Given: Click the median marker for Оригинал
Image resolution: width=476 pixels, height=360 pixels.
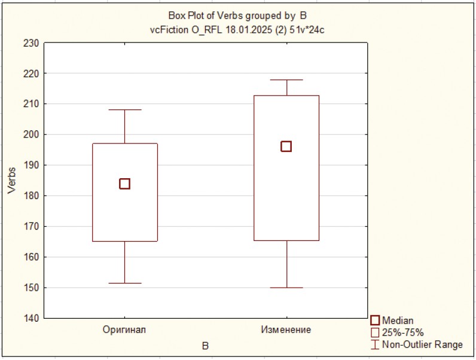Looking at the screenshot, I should [x=124, y=184].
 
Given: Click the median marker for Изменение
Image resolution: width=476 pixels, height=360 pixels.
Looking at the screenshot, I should [x=286, y=147].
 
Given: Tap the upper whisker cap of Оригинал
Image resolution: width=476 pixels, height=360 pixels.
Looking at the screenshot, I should [x=124, y=110].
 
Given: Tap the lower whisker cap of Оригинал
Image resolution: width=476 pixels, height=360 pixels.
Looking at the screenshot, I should [x=124, y=283].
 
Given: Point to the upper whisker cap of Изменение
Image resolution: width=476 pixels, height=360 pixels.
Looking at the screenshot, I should [x=286, y=80].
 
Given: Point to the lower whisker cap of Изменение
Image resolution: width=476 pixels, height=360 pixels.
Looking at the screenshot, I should [x=286, y=288].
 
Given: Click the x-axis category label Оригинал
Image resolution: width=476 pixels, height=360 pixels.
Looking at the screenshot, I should [x=124, y=330].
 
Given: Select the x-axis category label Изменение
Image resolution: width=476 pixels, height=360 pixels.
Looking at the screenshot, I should [x=286, y=330].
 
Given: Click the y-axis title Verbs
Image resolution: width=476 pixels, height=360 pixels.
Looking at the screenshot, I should [x=12, y=180].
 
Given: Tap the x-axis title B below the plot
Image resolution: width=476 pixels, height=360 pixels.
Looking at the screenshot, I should [x=205, y=346].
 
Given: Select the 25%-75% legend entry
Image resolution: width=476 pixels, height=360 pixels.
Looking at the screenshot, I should [x=398, y=332].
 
